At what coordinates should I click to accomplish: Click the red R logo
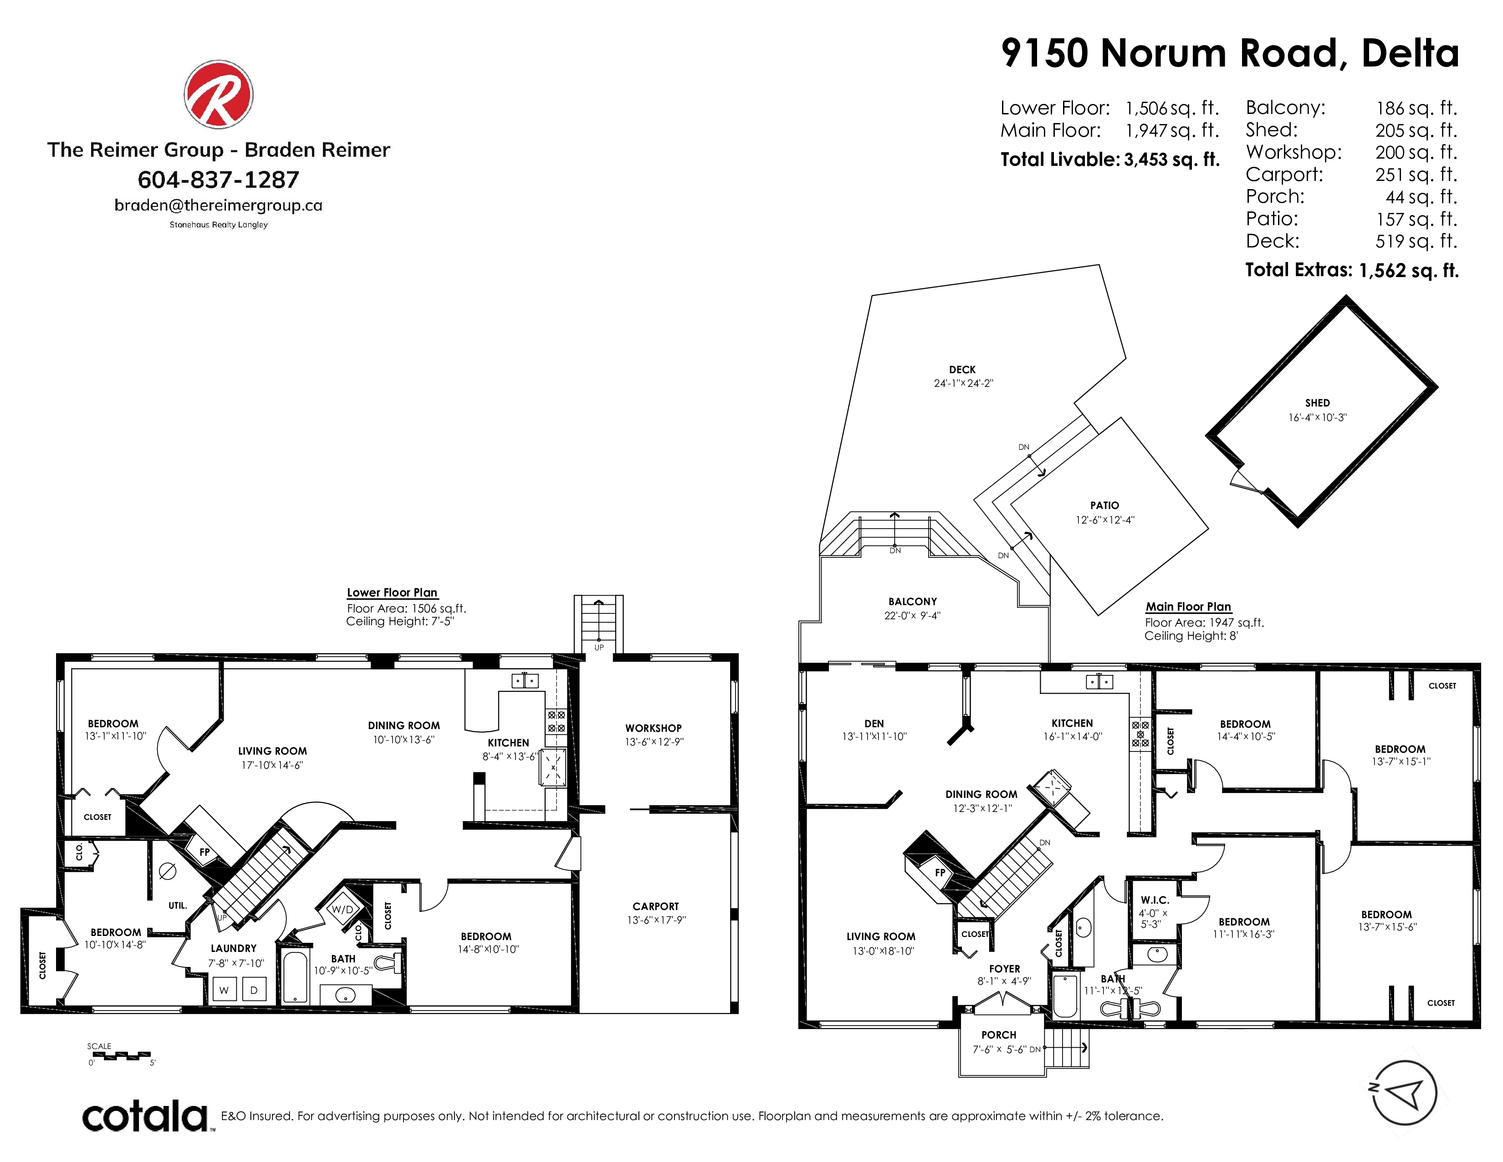[x=218, y=94]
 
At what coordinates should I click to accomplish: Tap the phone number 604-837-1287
[x=218, y=180]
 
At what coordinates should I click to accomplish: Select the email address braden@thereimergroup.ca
[x=218, y=205]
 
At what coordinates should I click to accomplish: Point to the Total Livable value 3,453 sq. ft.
[x=1172, y=159]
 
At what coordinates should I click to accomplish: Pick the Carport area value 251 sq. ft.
[x=1416, y=175]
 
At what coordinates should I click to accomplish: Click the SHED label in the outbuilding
[x=1317, y=403]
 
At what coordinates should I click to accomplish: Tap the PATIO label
[x=1104, y=505]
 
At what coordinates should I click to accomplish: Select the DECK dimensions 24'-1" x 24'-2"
[x=963, y=383]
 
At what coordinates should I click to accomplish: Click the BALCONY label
[x=913, y=602]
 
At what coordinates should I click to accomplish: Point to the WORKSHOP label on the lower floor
[x=653, y=728]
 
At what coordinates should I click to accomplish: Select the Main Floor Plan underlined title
[x=1188, y=607]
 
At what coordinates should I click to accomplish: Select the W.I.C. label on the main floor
[x=1155, y=900]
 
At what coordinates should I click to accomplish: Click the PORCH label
[x=998, y=1035]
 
